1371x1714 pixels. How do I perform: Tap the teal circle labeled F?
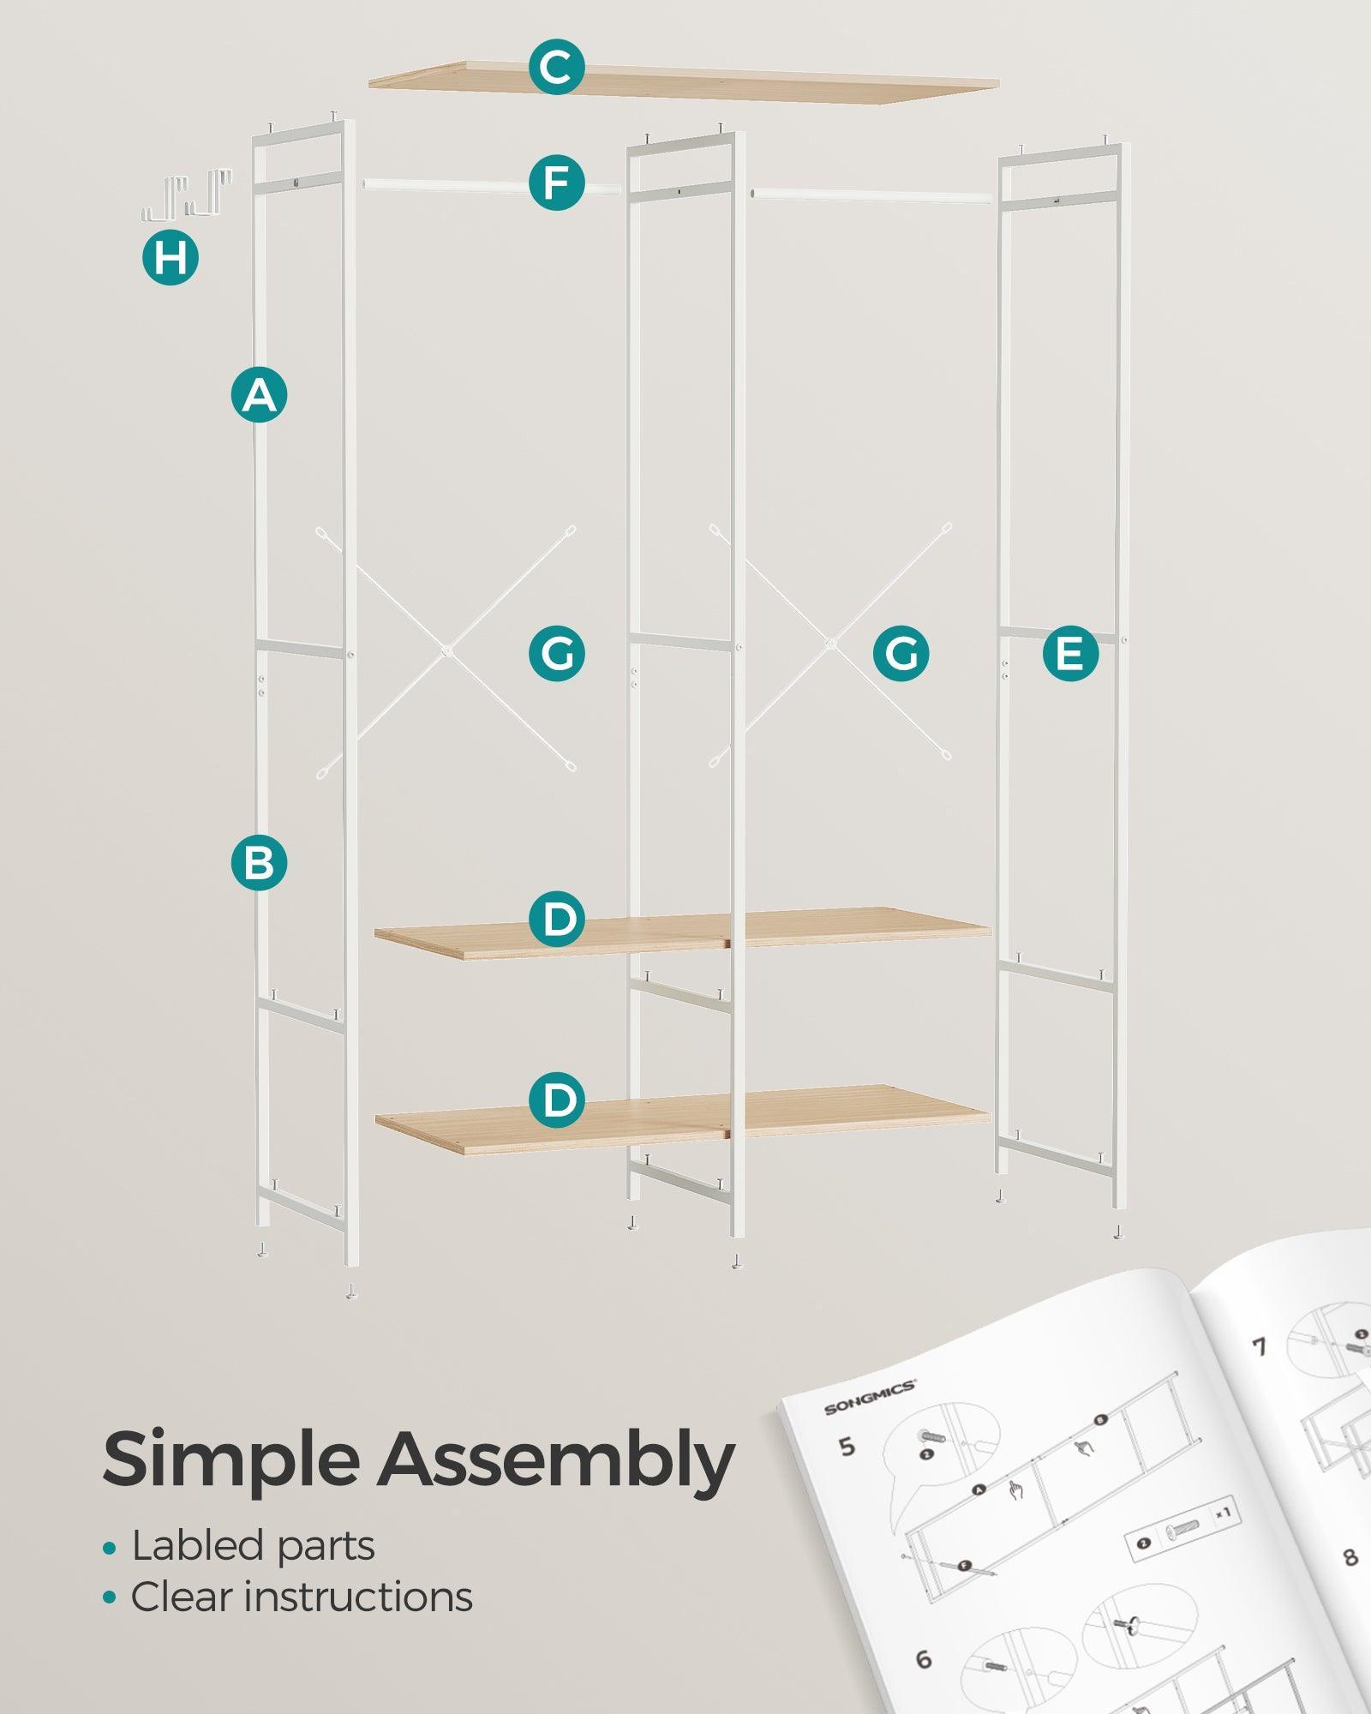click(x=556, y=183)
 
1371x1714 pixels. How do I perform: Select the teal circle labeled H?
click(x=171, y=257)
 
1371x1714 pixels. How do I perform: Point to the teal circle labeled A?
click(x=259, y=395)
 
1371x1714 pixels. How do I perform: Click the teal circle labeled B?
click(x=259, y=862)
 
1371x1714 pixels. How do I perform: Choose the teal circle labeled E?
click(x=1070, y=654)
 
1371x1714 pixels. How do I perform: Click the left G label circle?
click(x=556, y=654)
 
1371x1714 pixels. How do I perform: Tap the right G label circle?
click(x=901, y=654)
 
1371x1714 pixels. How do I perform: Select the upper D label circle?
click(x=556, y=920)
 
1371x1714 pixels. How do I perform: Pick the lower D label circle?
click(x=556, y=1100)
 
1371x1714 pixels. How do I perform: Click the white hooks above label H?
click(x=186, y=195)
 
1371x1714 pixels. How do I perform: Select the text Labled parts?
click(x=253, y=1547)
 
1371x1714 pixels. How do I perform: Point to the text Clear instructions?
click(x=301, y=1597)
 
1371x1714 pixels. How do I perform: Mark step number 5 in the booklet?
click(x=847, y=1447)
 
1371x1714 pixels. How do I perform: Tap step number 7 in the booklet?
click(x=1259, y=1347)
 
